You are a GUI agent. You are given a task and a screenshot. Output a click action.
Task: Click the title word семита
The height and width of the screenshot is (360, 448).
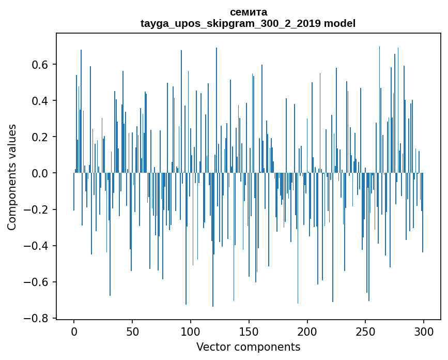[248, 12]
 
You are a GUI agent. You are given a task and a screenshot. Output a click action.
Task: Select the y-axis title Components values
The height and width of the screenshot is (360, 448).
[12, 177]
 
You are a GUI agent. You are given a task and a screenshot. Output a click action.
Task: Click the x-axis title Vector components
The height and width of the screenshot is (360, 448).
[248, 347]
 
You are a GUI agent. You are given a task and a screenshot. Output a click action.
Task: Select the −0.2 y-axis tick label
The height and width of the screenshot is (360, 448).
[38, 209]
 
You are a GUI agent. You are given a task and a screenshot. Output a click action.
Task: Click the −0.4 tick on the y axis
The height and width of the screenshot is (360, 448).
[38, 246]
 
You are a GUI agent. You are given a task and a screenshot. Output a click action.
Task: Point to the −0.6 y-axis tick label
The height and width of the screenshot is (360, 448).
[38, 282]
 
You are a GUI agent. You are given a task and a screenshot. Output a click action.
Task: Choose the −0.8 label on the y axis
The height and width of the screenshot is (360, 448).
[38, 318]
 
